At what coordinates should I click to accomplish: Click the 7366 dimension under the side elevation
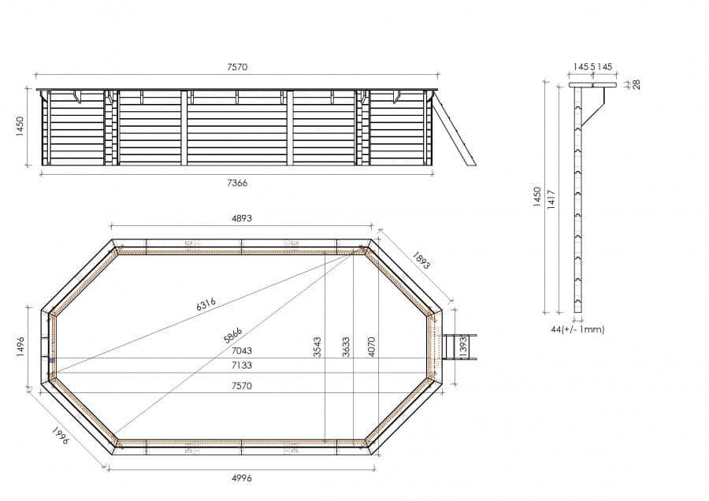click(x=237, y=183)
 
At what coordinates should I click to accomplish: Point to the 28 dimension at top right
click(x=637, y=84)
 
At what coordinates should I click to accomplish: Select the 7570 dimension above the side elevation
click(x=237, y=67)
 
